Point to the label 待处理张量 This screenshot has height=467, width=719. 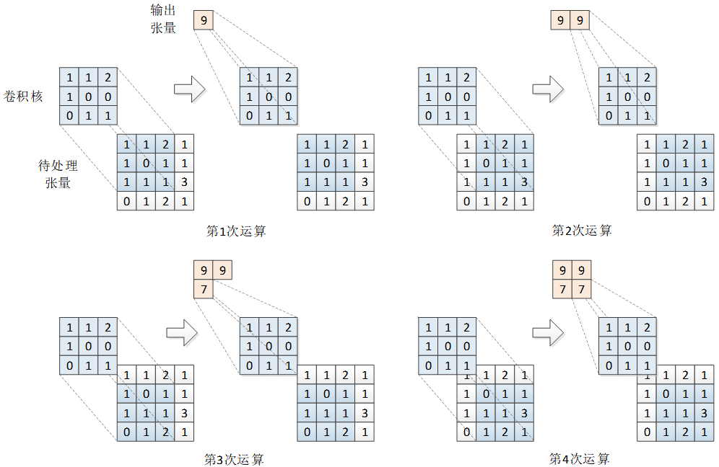[x=58, y=174]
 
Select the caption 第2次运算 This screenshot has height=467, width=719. [x=582, y=231]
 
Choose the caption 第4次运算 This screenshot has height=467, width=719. [x=579, y=458]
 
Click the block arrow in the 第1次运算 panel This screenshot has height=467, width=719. [x=190, y=89]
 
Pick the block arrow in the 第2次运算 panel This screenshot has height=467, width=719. [x=548, y=89]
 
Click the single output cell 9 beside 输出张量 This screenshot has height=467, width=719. [x=204, y=21]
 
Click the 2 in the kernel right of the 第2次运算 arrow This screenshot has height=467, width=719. [x=647, y=77]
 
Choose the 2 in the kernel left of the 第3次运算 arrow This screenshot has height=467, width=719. [x=107, y=328]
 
